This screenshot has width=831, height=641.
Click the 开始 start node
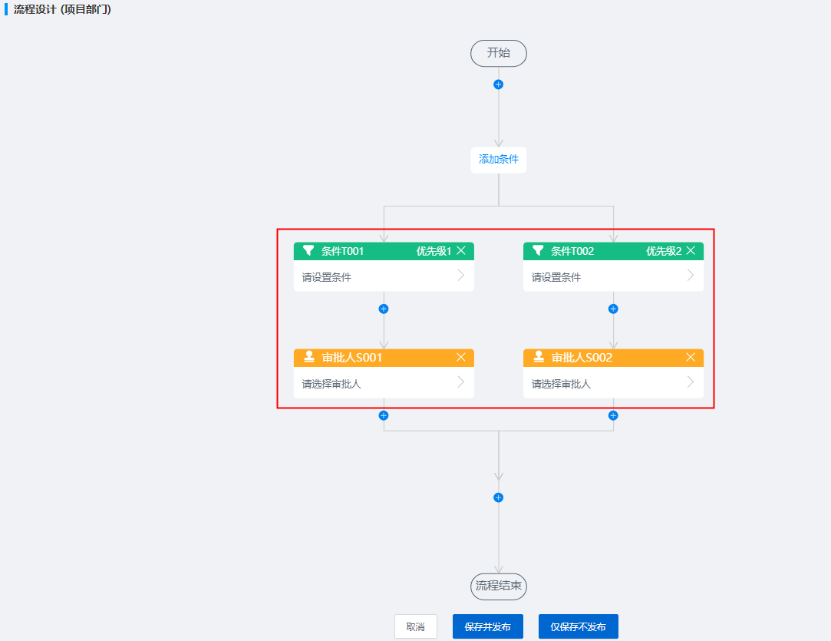coord(498,53)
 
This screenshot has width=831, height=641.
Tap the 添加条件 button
coord(498,160)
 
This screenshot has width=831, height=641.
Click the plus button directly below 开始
coord(498,84)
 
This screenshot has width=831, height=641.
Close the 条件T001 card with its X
coord(461,251)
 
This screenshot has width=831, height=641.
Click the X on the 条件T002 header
coord(691,251)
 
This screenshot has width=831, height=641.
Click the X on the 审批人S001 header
coord(461,358)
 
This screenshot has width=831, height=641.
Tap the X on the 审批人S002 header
coord(691,358)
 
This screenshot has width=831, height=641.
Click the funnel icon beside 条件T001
coord(308,250)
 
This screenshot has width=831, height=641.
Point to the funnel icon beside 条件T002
coord(538,250)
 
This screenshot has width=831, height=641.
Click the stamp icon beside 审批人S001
coord(309,357)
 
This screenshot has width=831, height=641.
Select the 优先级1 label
coord(434,251)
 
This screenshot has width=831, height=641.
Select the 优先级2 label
coord(664,251)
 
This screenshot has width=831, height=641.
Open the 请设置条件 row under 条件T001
coord(384,276)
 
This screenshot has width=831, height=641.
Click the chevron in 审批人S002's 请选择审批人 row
coord(690,382)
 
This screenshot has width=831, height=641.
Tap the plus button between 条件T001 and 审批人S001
coord(384,309)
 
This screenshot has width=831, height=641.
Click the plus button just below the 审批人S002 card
coord(613,415)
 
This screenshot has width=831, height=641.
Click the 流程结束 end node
coord(498,586)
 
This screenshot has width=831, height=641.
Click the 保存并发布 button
coord(487,626)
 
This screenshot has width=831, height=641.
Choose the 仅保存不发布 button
coord(579,626)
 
